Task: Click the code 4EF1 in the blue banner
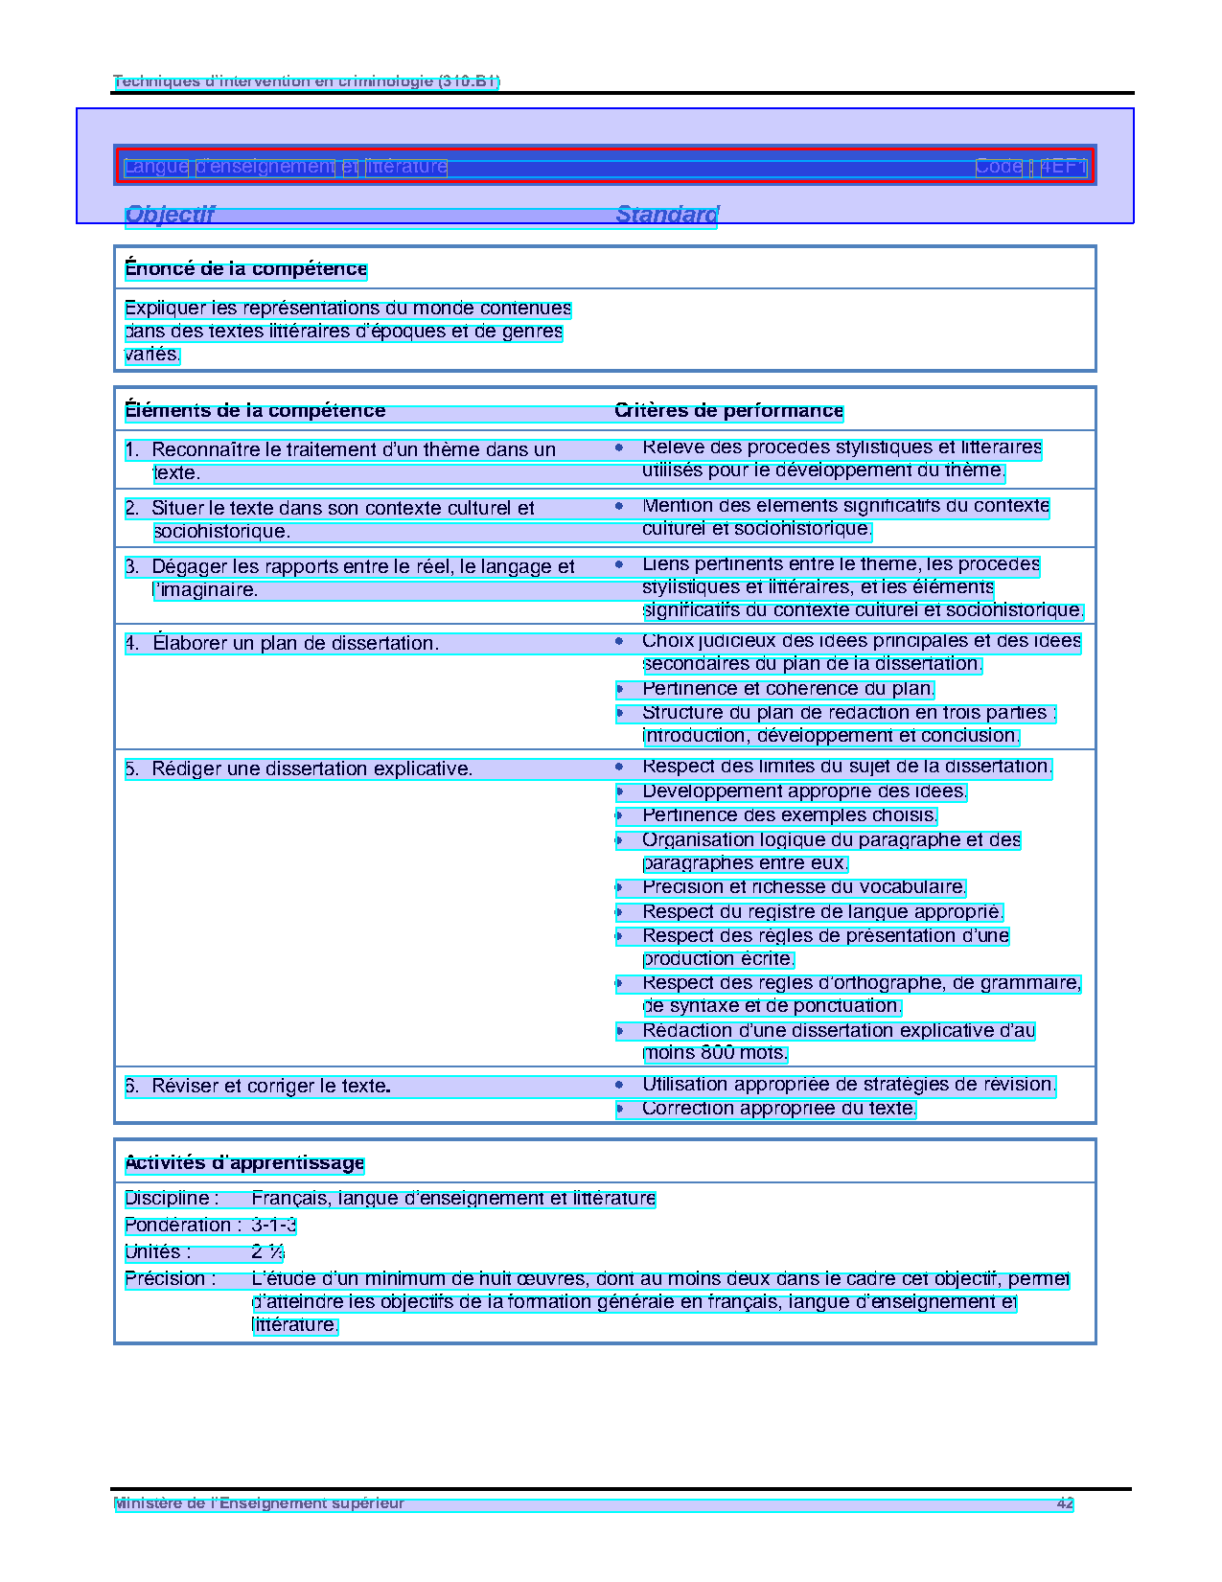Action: (x=1064, y=167)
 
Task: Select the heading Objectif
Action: (x=170, y=215)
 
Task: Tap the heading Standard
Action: (x=666, y=215)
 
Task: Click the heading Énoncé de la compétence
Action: (x=245, y=269)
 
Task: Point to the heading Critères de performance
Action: (x=728, y=411)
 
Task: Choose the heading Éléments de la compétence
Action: (x=255, y=411)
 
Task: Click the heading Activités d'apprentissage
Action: (x=244, y=1163)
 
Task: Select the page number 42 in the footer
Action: (x=1065, y=1503)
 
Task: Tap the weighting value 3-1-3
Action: (x=273, y=1226)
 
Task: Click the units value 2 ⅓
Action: (x=267, y=1252)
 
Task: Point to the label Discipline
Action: (x=172, y=1199)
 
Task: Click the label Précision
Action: (x=170, y=1279)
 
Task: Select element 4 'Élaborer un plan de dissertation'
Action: (x=295, y=644)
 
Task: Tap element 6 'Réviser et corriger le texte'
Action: (x=270, y=1087)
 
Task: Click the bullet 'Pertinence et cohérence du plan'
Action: (x=787, y=689)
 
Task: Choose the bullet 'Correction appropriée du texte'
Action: (x=778, y=1109)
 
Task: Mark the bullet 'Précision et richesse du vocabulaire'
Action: (x=803, y=887)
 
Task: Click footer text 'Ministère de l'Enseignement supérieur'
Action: (x=259, y=1503)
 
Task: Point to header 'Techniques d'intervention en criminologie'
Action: (x=306, y=81)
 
